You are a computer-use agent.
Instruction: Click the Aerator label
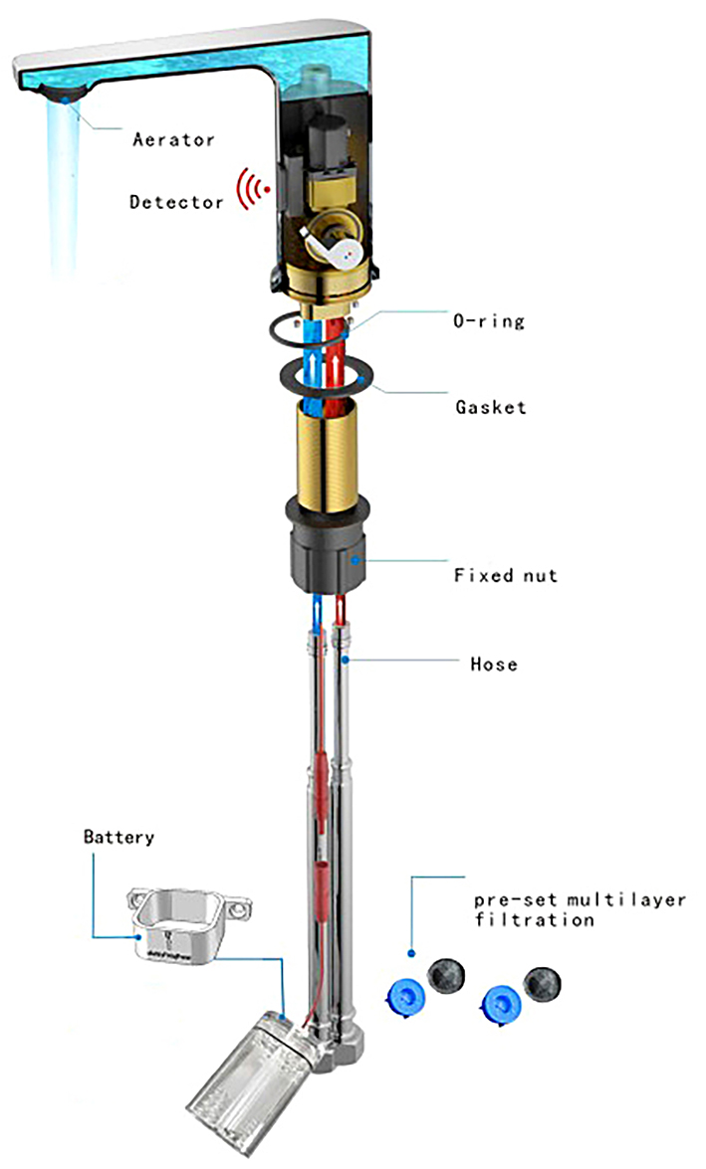173,140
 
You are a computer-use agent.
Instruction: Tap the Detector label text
176,203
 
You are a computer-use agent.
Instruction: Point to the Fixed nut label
505,575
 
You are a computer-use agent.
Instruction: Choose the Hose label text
494,663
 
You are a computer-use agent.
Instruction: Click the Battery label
118,837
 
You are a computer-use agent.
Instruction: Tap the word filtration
534,920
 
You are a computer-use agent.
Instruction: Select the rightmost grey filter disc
543,984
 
